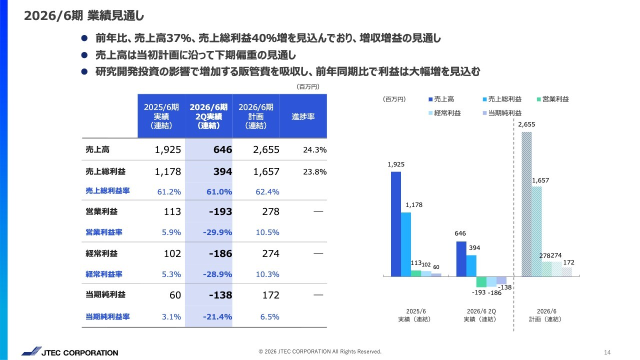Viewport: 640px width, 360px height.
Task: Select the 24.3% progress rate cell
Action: pos(314,150)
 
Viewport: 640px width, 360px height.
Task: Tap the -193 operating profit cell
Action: pos(220,211)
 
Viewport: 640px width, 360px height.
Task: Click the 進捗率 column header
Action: pos(302,116)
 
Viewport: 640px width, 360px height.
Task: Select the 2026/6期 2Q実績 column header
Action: pos(208,116)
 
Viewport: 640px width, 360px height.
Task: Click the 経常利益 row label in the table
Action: pos(101,253)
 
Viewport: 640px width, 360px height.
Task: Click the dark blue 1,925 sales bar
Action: pos(396,223)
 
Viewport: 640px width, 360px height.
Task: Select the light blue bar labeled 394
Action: pos(471,265)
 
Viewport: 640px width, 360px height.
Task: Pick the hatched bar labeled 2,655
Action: pos(526,204)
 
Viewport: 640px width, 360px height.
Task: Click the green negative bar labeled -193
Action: pos(481,281)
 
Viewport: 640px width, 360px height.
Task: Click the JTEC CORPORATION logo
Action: pos(69,352)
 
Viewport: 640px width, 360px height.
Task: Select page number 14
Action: pos(607,352)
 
